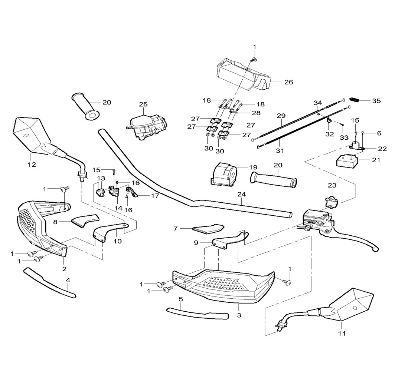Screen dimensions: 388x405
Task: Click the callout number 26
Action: (288, 82)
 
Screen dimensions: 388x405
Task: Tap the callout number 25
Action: (143, 105)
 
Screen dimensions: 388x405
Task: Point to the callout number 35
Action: (376, 101)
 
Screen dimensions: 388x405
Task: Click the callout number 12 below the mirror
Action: (32, 165)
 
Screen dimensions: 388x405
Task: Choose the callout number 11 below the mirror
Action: (342, 333)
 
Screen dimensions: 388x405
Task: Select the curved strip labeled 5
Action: (197, 313)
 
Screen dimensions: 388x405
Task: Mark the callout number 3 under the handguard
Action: (239, 315)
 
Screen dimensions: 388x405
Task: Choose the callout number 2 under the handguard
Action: (64, 269)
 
